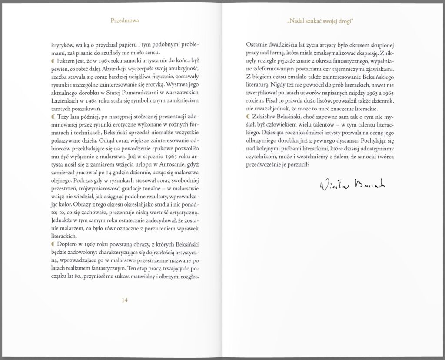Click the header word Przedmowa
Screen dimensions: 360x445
tap(124, 20)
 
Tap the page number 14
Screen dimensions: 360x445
tap(124, 300)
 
